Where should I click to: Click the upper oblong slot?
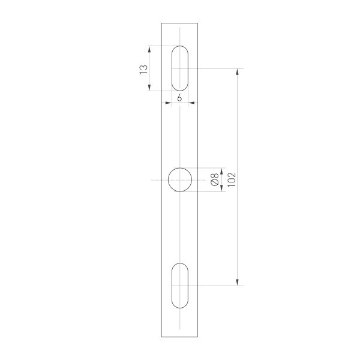point(180,68)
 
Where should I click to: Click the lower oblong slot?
point(180,285)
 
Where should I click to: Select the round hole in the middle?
point(180,180)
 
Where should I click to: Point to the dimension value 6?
point(180,97)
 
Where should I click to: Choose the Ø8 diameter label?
point(214,180)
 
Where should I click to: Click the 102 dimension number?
point(232,178)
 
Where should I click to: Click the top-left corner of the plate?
point(161,23)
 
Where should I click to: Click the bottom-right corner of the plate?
point(199,337)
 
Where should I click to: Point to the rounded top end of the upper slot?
point(180,48)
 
